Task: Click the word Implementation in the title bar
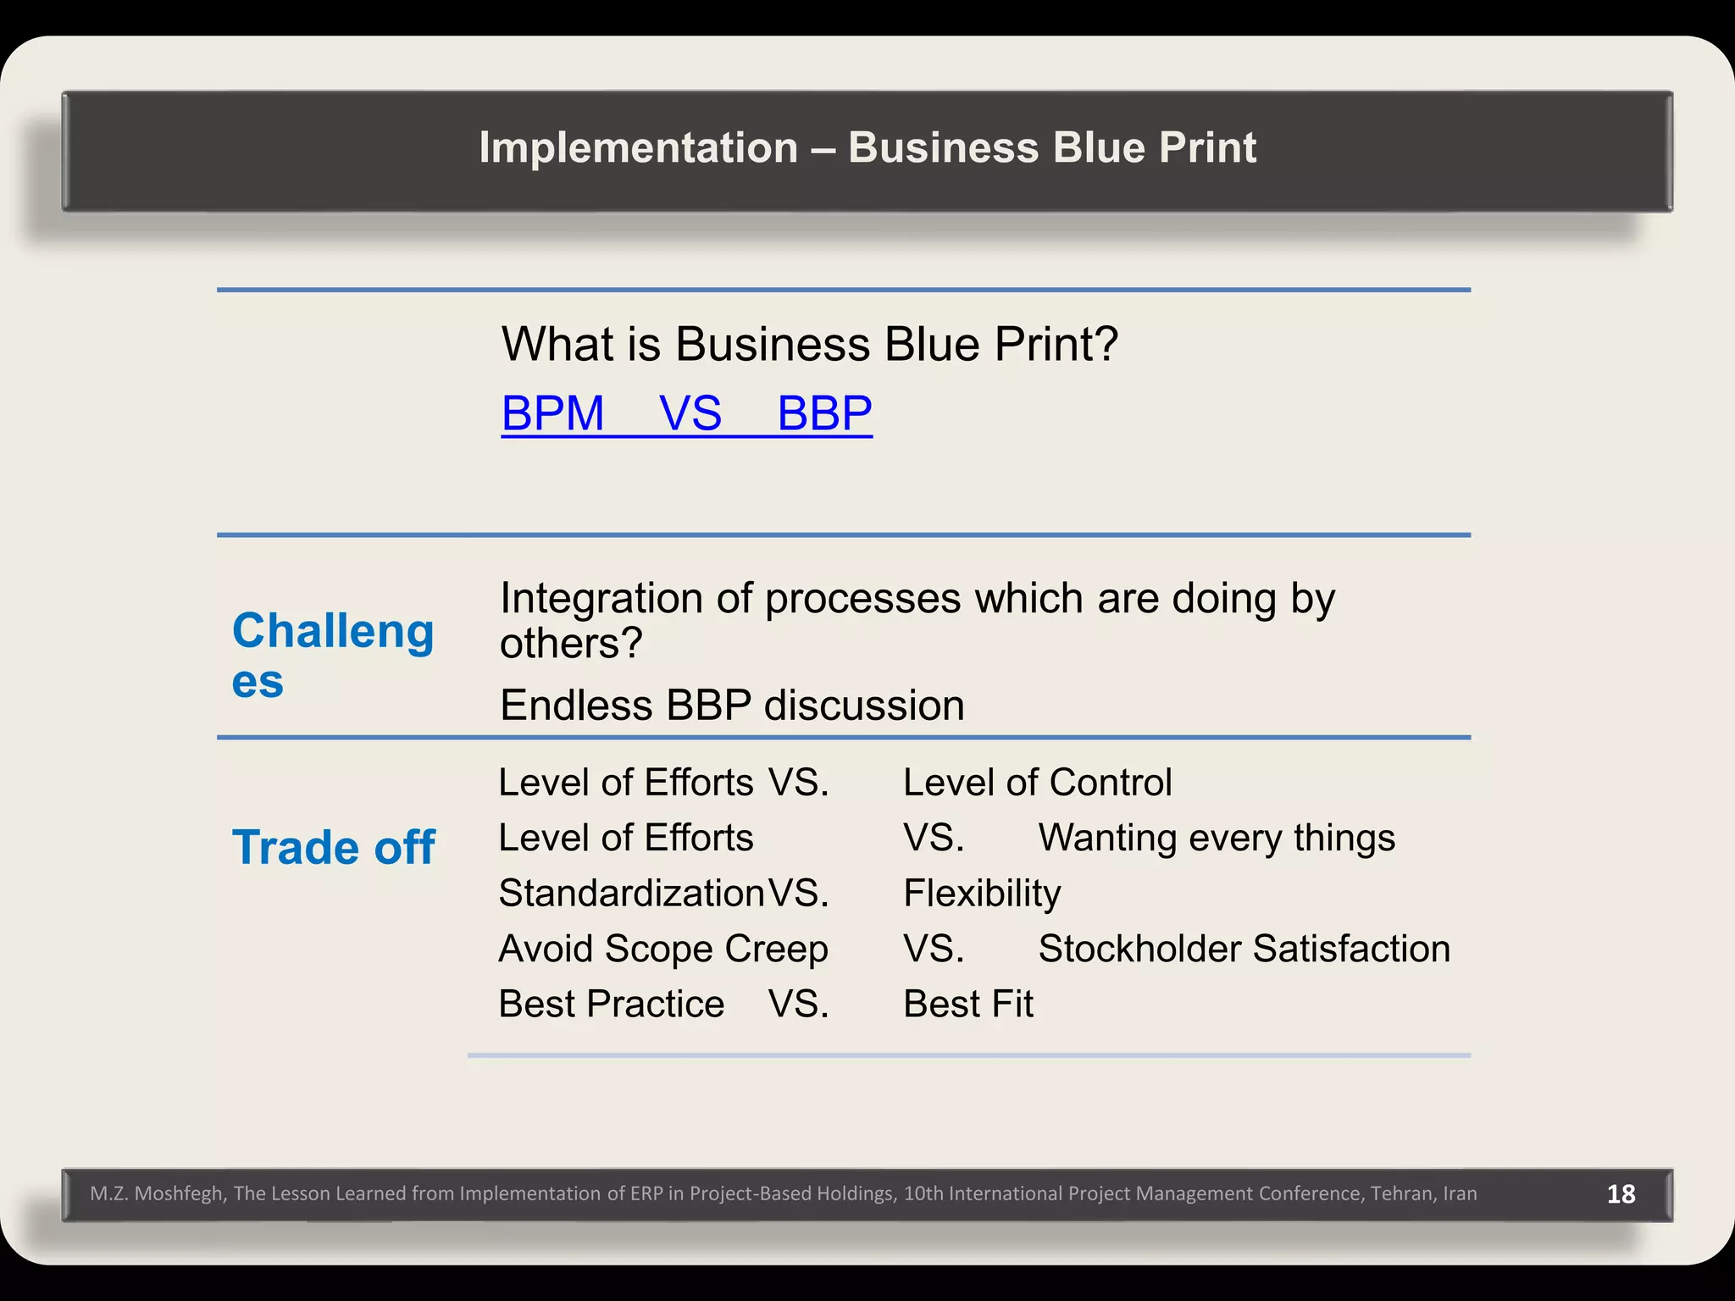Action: pyautogui.click(x=638, y=148)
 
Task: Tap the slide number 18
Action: pyautogui.click(x=1621, y=1193)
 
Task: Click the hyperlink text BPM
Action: pyautogui.click(x=552, y=413)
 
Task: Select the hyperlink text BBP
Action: pyautogui.click(x=824, y=413)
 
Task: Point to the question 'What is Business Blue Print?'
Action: pyautogui.click(x=809, y=345)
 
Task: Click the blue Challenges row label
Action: pyautogui.click(x=332, y=655)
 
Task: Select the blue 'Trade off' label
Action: pyautogui.click(x=333, y=847)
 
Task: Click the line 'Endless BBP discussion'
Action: pyautogui.click(x=732, y=706)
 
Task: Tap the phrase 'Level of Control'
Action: pyautogui.click(x=1037, y=783)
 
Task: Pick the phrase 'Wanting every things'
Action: pyautogui.click(x=1217, y=838)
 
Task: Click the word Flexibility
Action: pyautogui.click(x=981, y=894)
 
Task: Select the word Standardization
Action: pyautogui.click(x=631, y=894)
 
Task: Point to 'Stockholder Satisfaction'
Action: pyautogui.click(x=1244, y=949)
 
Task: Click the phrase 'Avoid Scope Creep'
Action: pyautogui.click(x=662, y=949)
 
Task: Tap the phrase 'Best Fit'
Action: pyautogui.click(x=967, y=1005)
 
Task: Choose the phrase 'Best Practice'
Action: pyautogui.click(x=611, y=1005)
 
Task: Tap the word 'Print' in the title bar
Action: pyautogui.click(x=1206, y=148)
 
